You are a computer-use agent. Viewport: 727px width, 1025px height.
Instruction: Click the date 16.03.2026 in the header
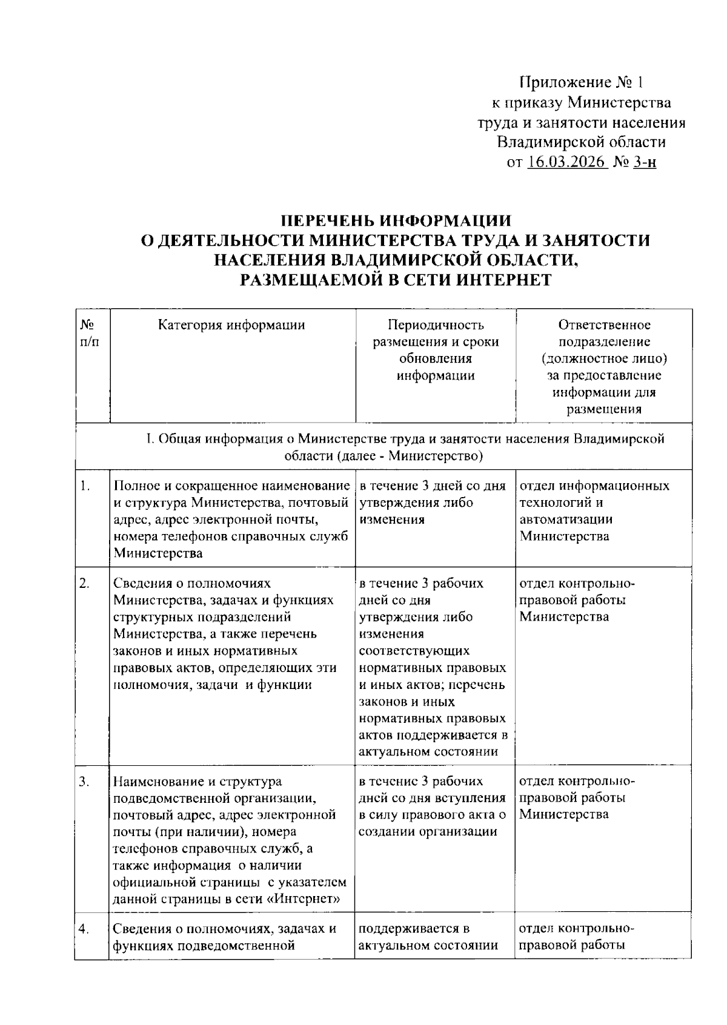coord(566,162)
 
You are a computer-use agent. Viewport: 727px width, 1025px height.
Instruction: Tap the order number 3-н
coord(644,162)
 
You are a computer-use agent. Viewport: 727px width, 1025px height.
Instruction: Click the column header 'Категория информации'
coord(231,325)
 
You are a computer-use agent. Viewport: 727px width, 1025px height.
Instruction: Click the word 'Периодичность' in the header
coord(436,325)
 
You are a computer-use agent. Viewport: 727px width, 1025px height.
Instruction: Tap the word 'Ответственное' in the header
coord(604,325)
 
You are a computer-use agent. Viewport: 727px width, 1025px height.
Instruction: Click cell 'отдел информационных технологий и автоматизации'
coord(594,510)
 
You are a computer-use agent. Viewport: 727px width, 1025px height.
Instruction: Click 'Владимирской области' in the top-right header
coord(580,142)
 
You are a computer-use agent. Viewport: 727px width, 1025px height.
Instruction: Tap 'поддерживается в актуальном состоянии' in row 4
coord(428,937)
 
